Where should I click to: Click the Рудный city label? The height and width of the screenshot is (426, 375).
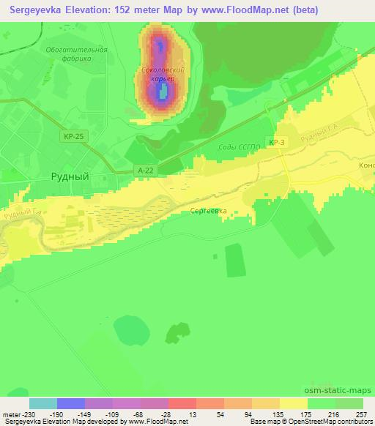click(x=70, y=176)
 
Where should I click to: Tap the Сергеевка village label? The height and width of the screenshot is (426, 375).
click(x=209, y=210)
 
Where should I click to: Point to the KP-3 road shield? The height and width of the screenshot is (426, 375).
click(x=276, y=143)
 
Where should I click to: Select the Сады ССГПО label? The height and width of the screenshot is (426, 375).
click(x=235, y=147)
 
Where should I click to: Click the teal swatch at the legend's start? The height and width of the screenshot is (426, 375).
click(x=43, y=403)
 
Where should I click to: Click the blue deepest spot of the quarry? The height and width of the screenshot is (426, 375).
click(x=163, y=91)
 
